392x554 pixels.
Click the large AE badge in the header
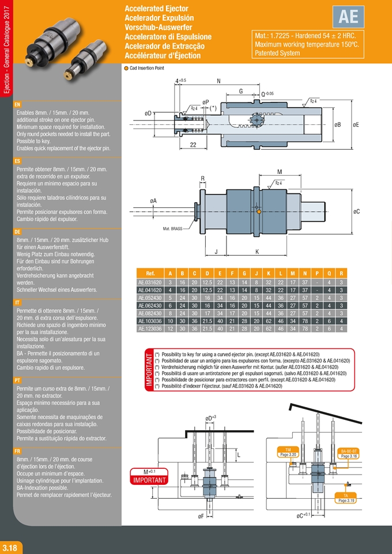[349, 17]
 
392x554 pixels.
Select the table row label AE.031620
[149, 283]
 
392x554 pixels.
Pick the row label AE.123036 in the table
[149, 328]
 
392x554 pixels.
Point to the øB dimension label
[338, 124]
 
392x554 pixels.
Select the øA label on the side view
[153, 200]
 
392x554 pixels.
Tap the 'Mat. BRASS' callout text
[173, 229]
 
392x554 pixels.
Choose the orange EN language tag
[17, 105]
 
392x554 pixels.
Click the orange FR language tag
[17, 452]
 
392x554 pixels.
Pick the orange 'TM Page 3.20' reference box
[288, 451]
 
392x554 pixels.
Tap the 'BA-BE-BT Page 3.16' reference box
[350, 453]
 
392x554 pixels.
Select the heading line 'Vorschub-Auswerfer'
[156, 27]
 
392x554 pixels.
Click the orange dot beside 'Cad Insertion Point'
[127, 68]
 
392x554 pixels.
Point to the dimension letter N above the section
[219, 81]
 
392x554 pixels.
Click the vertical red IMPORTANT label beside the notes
[148, 371]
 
